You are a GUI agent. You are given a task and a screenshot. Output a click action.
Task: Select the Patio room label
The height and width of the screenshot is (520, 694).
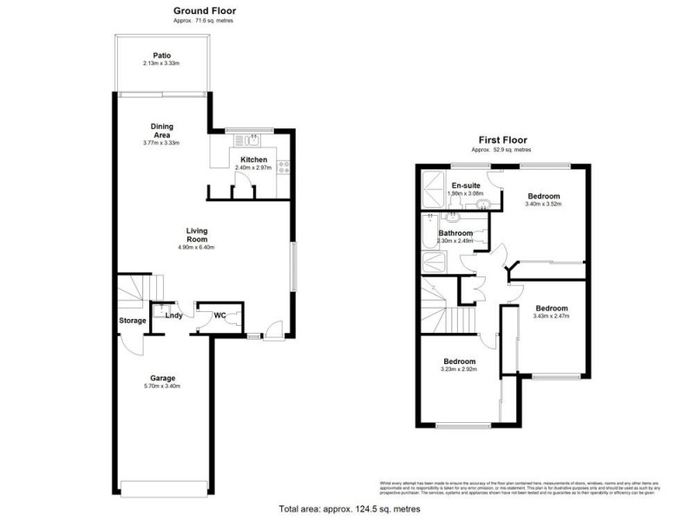point(162,55)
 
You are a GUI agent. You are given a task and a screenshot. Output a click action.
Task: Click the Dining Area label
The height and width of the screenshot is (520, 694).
point(162,130)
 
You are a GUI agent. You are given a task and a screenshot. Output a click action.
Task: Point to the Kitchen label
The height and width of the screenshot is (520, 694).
point(254,159)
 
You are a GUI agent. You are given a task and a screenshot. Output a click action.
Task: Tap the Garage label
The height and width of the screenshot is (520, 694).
point(162,378)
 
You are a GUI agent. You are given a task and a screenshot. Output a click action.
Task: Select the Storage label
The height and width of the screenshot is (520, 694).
point(133,321)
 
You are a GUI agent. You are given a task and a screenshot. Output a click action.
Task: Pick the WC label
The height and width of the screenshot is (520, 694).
point(221,315)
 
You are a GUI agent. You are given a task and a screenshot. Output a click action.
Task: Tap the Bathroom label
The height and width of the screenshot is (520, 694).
point(455,233)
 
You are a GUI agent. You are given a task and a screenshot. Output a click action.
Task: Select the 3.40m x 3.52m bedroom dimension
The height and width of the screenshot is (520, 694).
point(544,205)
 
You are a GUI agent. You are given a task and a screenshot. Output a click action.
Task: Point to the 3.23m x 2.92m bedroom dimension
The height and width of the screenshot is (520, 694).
point(460,370)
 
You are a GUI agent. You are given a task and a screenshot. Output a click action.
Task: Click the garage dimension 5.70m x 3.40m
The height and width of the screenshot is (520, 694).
point(162,387)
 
